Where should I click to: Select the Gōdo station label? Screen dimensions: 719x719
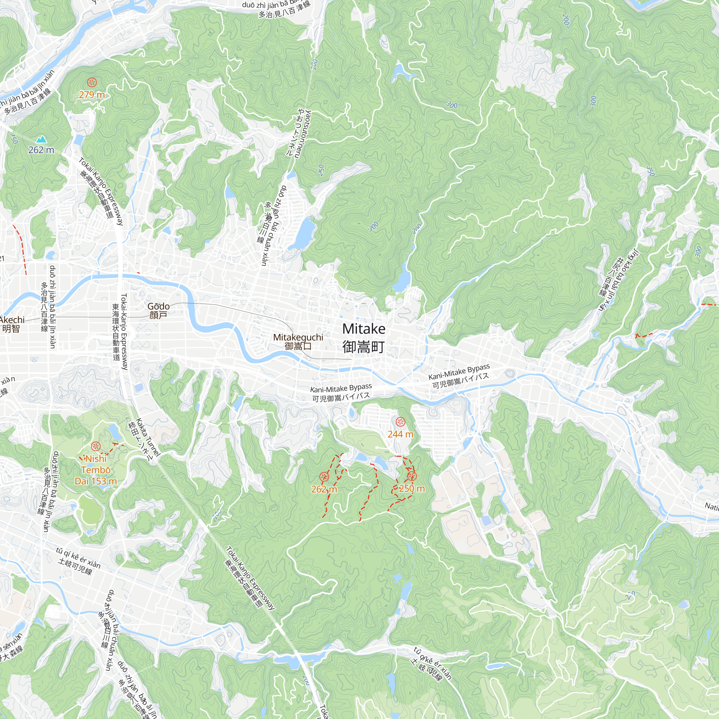point(159,311)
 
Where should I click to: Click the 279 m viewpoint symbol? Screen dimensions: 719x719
point(92,82)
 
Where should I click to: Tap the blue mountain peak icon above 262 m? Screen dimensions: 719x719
point(41,139)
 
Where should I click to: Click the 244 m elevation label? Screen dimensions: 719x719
point(400,434)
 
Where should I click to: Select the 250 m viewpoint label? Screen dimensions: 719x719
point(412,489)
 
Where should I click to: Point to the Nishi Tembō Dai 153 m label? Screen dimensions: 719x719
point(96,470)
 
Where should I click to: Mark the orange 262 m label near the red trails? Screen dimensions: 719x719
point(324,489)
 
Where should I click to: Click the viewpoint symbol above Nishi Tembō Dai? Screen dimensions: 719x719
point(96,446)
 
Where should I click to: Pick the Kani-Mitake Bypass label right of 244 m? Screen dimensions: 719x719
point(459,376)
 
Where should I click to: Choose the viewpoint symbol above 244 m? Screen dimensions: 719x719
point(400,422)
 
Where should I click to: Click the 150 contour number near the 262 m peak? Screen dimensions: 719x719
point(14,139)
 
